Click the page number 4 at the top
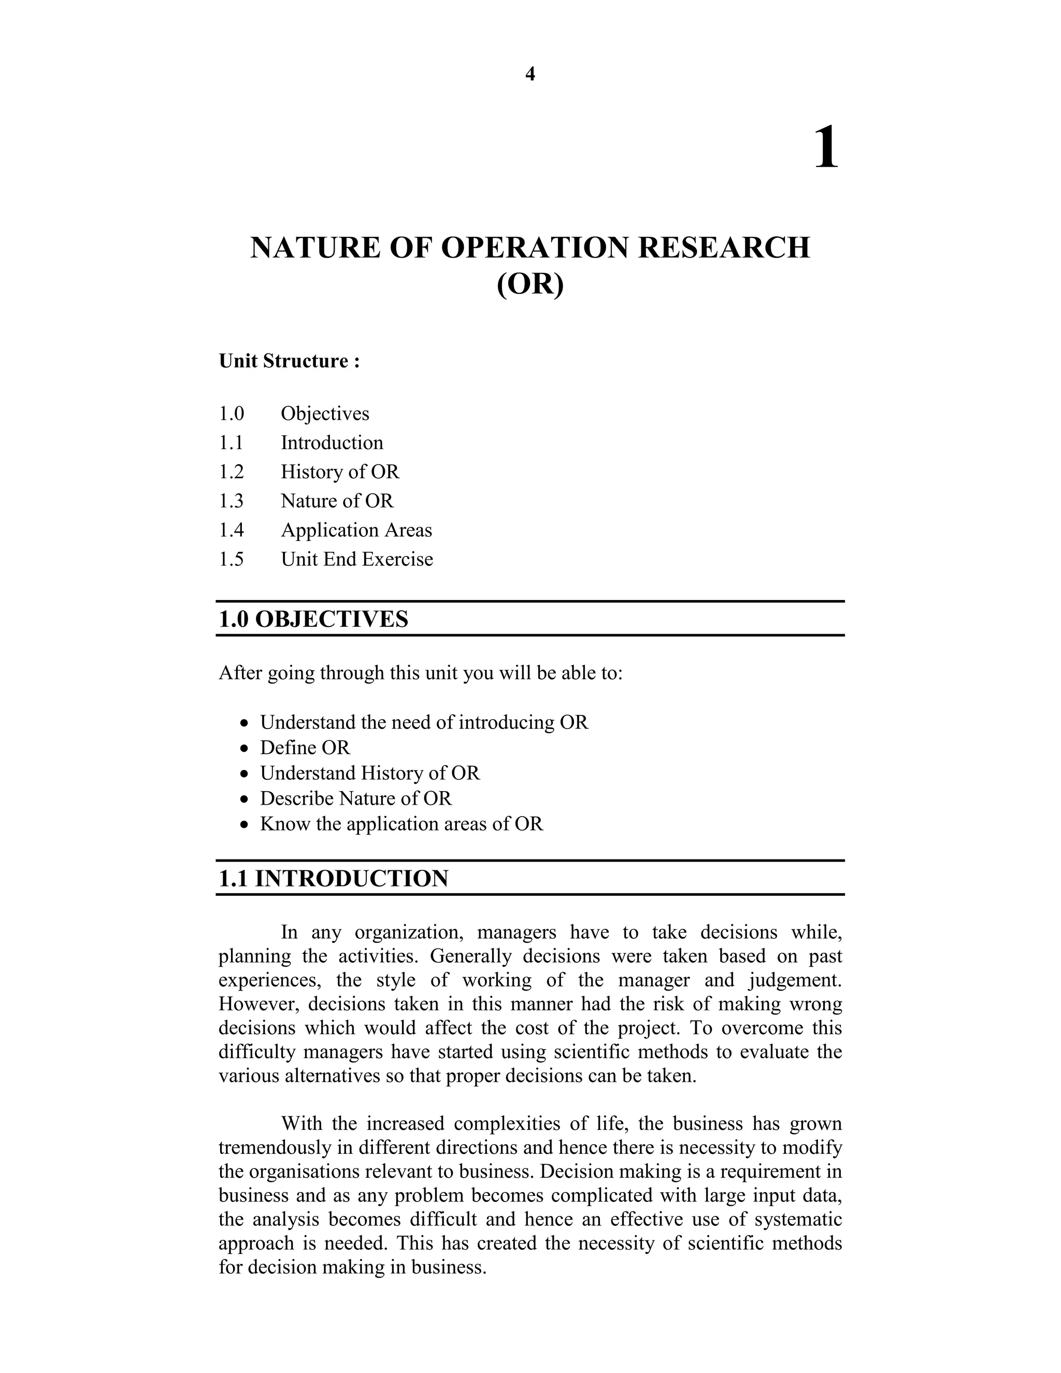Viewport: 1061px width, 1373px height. (x=530, y=74)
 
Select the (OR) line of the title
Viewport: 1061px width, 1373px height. (x=530, y=284)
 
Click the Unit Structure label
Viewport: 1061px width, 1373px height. (x=289, y=362)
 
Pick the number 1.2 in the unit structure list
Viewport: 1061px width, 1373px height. (x=231, y=471)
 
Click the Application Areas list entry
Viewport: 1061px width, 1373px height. (x=356, y=530)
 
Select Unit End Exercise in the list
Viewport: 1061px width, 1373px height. (x=356, y=559)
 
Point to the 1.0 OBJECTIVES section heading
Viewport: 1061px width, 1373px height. (x=313, y=619)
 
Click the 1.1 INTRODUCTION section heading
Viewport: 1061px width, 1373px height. (x=333, y=878)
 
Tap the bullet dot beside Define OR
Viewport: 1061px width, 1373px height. (x=245, y=749)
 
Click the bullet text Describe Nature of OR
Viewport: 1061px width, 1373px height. (x=356, y=798)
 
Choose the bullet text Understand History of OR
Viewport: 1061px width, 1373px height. (x=369, y=773)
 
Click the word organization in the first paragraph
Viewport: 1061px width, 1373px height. (x=410, y=932)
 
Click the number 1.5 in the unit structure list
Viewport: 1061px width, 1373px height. (x=231, y=559)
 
